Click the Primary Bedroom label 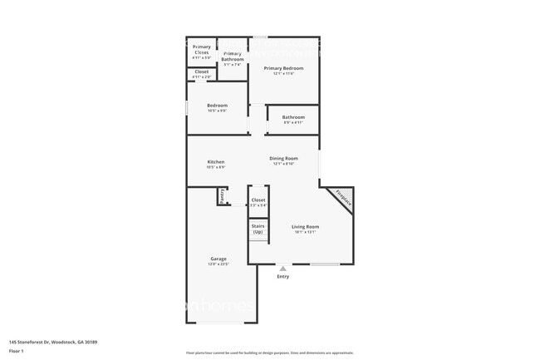(283, 68)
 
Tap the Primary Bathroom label (233, 56)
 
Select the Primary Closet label (202, 49)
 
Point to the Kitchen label (216, 162)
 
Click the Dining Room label (283, 158)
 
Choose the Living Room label (305, 227)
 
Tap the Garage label (218, 259)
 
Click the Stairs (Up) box (258, 229)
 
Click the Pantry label (223, 195)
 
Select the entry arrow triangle (283, 268)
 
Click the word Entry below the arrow (283, 277)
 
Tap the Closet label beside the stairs (258, 200)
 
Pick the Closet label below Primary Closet (202, 72)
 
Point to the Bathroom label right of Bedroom (293, 117)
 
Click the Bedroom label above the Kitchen (217, 106)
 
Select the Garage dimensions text (218, 264)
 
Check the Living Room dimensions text (305, 233)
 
